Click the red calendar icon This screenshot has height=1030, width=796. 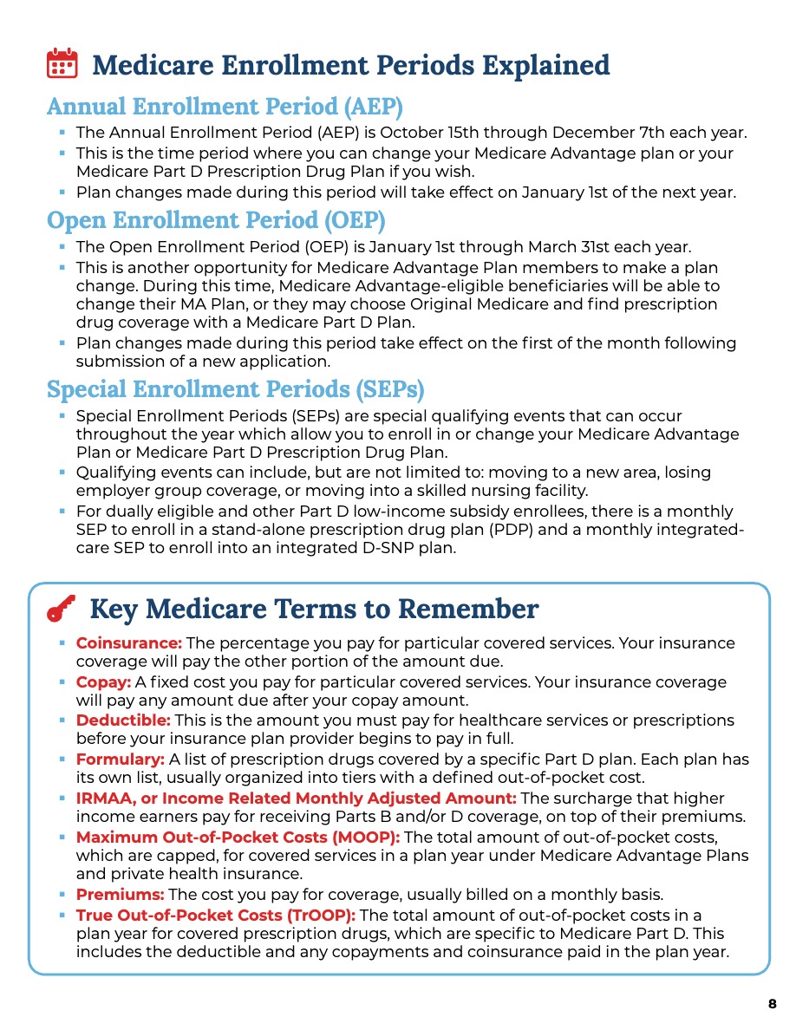coord(62,65)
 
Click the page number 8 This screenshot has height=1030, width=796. coord(772,1004)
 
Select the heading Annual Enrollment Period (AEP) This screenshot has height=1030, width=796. coord(225,107)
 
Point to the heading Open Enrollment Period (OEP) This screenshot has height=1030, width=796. coord(216,220)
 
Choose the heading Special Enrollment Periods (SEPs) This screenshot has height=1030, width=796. coord(236,389)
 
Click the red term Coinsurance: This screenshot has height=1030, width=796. coord(128,643)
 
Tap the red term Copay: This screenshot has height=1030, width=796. coord(103,682)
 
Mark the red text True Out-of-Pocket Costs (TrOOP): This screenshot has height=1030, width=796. coord(216,915)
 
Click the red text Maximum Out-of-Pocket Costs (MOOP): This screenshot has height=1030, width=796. coord(238,837)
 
